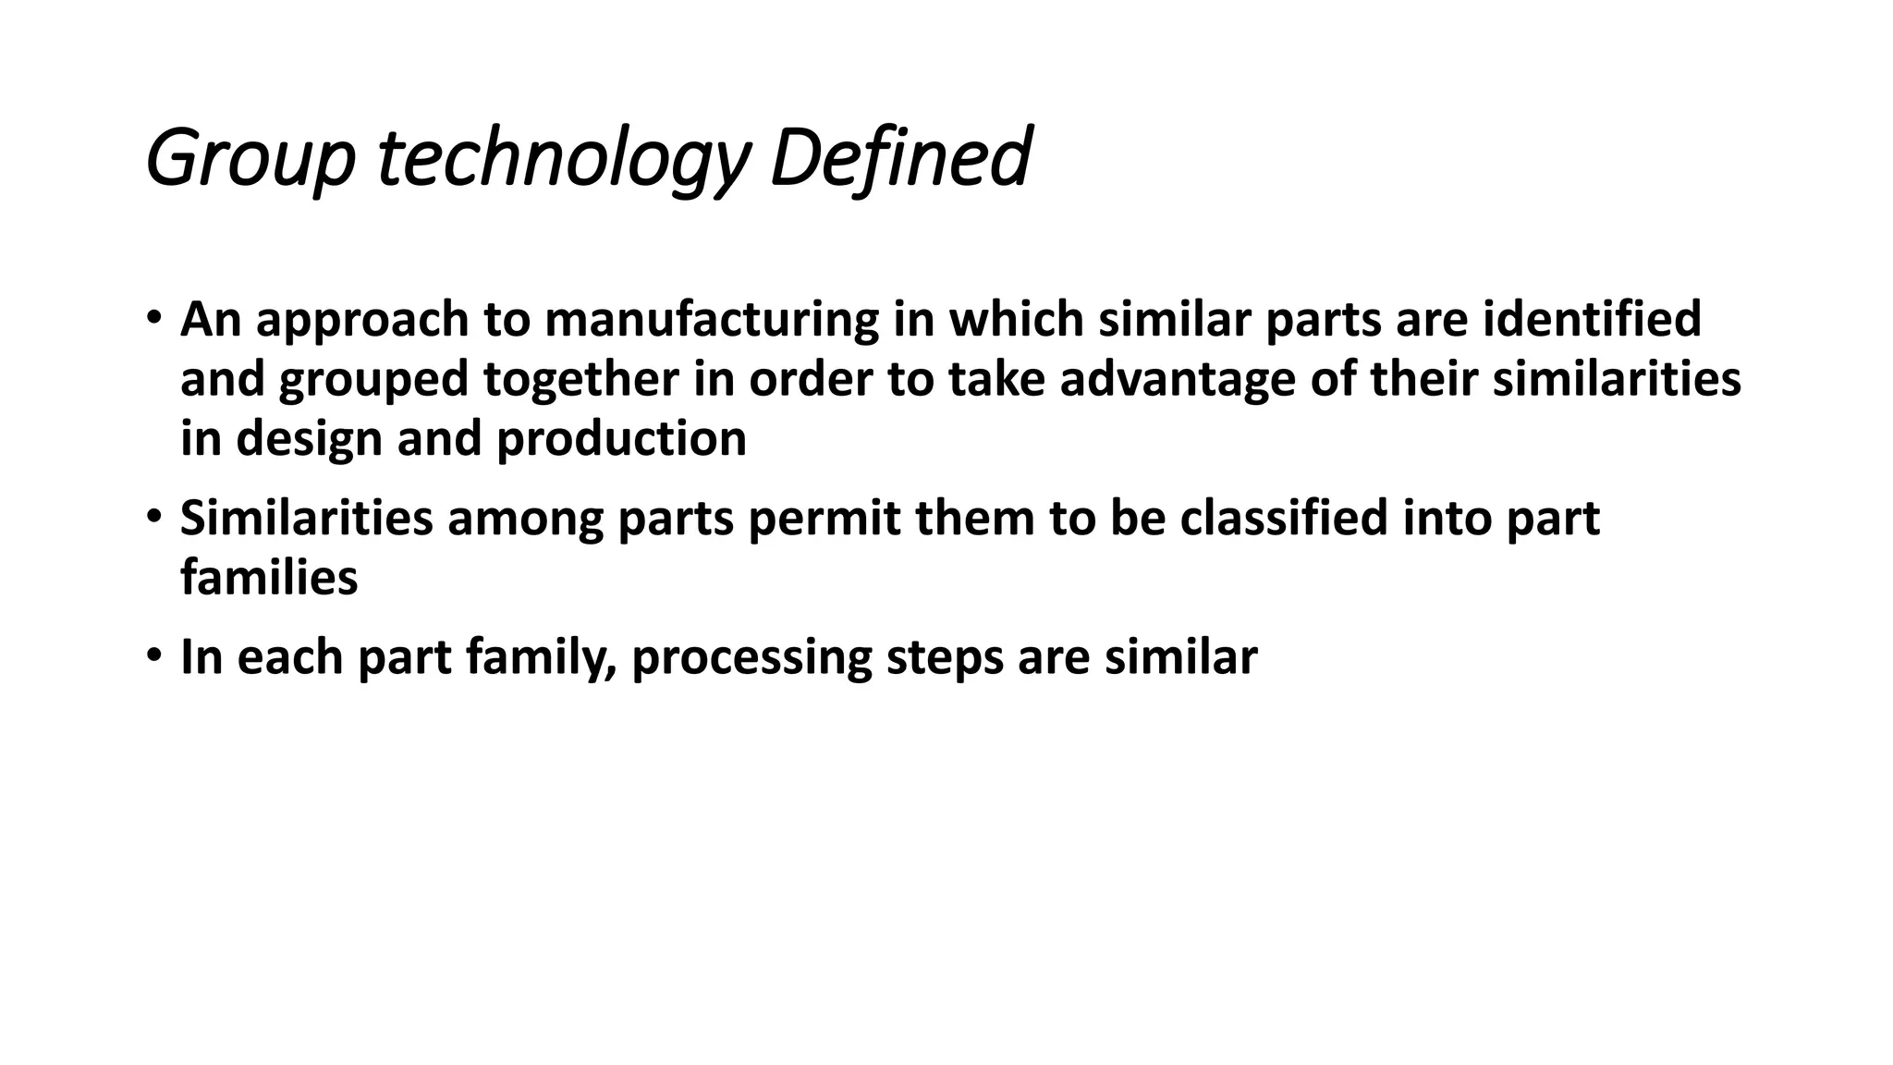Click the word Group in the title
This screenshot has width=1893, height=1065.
pyautogui.click(x=250, y=159)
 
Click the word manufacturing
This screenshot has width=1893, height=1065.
pyautogui.click(x=712, y=319)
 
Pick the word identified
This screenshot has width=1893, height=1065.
pyautogui.click(x=1592, y=319)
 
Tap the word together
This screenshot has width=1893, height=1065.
pyautogui.click(x=581, y=379)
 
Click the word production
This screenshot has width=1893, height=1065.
pyautogui.click(x=621, y=438)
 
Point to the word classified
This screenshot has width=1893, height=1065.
pyautogui.click(x=1284, y=517)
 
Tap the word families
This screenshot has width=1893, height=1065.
pyautogui.click(x=269, y=578)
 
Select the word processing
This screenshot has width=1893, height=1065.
pyautogui.click(x=751, y=658)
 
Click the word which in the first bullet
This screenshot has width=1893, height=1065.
pyautogui.click(x=1016, y=319)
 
